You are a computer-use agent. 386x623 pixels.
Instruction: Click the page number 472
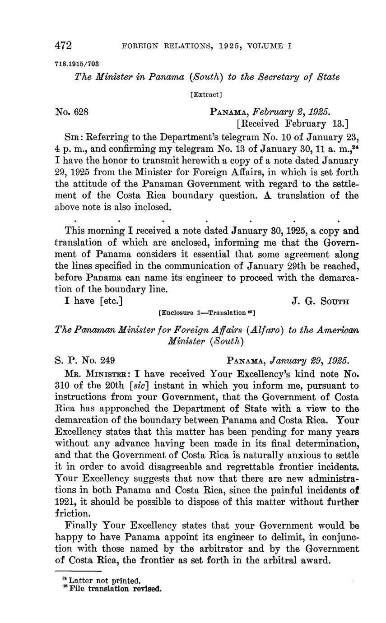64,46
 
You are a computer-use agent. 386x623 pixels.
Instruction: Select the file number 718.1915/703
77,64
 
